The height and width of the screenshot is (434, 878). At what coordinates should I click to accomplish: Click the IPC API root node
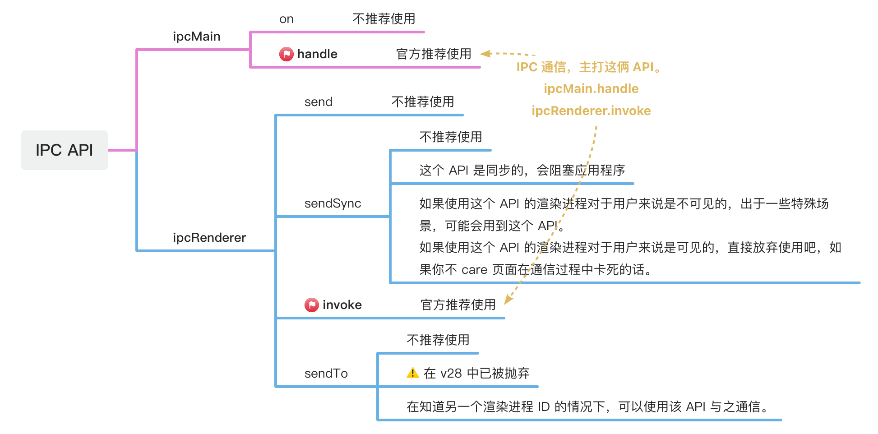coord(65,150)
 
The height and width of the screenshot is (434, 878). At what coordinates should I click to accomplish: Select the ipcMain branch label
coord(197,37)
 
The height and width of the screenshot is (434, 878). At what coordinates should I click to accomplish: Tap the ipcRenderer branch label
coord(209,238)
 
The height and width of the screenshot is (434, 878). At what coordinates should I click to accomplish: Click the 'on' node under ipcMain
coord(287,19)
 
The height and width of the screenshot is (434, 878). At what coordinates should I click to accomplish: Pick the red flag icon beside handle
coord(286,54)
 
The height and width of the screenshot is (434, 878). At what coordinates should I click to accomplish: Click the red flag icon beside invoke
coord(311,305)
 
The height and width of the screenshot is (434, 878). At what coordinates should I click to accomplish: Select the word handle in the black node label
coord(317,54)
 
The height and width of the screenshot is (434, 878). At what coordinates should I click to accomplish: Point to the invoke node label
coord(342,305)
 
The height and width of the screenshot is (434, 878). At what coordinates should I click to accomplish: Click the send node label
coord(319,102)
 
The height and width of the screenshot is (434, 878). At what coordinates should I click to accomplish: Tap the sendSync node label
coord(333,203)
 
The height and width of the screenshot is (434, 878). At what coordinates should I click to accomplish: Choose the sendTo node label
coord(326,374)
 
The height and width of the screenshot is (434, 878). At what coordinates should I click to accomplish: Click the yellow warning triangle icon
coord(412,373)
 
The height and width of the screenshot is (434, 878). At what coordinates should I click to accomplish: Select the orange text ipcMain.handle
coord(591,89)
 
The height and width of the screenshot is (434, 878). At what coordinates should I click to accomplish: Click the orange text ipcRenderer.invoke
coord(591,111)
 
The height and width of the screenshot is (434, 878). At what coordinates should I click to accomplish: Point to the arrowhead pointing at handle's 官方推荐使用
coord(485,54)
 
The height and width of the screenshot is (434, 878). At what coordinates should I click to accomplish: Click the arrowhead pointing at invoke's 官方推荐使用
coord(508,299)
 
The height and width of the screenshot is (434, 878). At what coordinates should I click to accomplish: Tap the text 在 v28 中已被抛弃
coord(476,374)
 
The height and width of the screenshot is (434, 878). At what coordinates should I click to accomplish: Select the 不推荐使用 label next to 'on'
coord(384,19)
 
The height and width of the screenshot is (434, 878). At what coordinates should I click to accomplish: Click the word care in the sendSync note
coord(474,270)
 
